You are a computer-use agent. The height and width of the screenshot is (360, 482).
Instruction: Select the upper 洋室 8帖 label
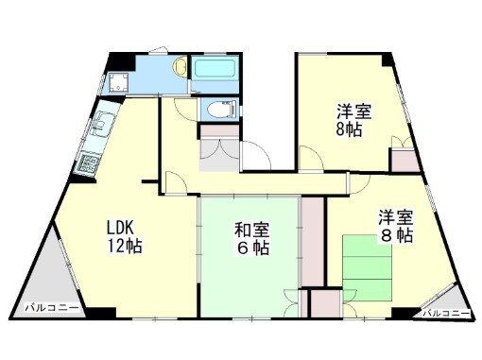pyautogui.click(x=352, y=120)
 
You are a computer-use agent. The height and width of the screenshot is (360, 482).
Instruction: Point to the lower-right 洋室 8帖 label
pyautogui.click(x=395, y=225)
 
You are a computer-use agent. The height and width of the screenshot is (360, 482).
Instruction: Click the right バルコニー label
pyautogui.click(x=446, y=311)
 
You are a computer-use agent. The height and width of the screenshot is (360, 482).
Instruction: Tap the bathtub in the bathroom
pyautogui.click(x=215, y=73)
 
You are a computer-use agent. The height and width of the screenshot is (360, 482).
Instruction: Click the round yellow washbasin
pyautogui.click(x=178, y=68)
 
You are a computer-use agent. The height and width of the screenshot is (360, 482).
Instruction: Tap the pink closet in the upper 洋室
pyautogui.click(x=405, y=159)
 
